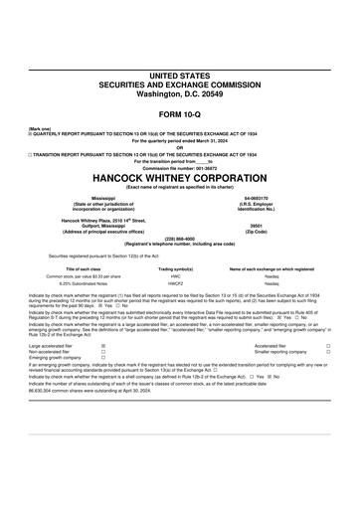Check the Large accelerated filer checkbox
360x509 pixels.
103,347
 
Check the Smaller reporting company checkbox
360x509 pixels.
328,353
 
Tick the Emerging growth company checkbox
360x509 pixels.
103,359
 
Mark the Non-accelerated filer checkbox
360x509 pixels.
103,353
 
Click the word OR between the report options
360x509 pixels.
180,147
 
